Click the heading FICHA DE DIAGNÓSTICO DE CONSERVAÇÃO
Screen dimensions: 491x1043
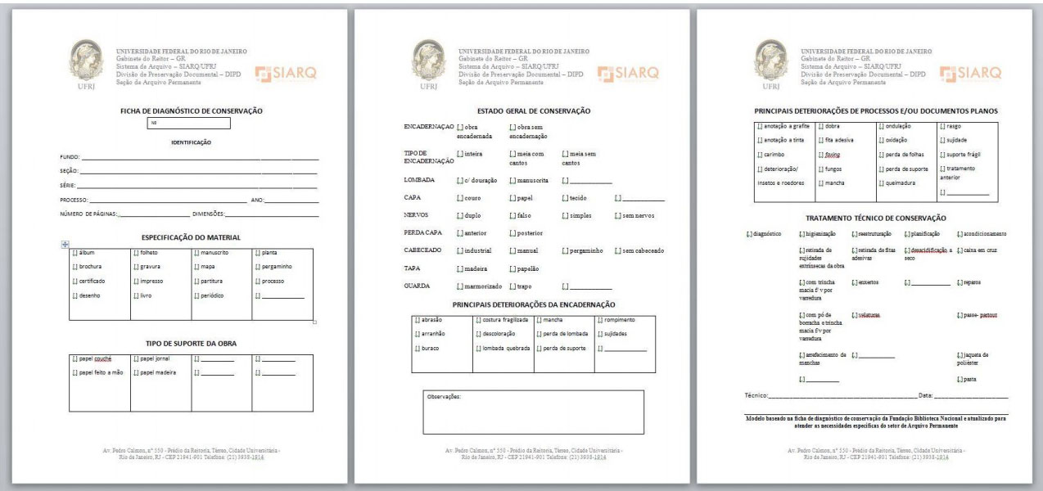point(191,110)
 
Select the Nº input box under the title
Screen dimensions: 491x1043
point(189,124)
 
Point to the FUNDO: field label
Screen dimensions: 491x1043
point(70,156)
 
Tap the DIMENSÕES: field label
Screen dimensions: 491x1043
point(208,214)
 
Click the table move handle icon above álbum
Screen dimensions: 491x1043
point(65,245)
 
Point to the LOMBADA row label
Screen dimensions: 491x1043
point(419,179)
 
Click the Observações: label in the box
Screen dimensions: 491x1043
point(444,396)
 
